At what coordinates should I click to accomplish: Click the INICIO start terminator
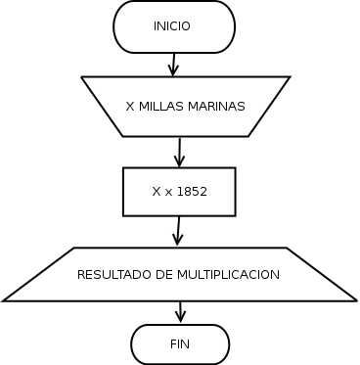(x=174, y=26)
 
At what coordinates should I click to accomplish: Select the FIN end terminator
(x=180, y=344)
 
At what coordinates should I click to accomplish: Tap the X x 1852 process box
(x=179, y=192)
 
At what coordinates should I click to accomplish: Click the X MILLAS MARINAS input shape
(x=185, y=106)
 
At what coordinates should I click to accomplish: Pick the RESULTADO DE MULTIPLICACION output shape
(x=179, y=275)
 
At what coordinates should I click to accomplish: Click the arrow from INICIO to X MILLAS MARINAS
(x=173, y=65)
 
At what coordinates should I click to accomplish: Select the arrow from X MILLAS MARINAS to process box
(x=180, y=152)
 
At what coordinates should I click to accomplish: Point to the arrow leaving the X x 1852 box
(x=178, y=231)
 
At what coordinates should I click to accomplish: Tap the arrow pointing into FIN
(x=180, y=312)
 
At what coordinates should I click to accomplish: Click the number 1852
(x=192, y=192)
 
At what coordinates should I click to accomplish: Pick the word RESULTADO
(x=113, y=275)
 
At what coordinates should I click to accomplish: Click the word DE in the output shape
(x=164, y=275)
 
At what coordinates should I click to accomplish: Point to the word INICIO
(x=172, y=26)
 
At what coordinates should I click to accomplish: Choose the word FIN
(x=180, y=344)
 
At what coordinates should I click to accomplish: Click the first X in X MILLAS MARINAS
(x=131, y=106)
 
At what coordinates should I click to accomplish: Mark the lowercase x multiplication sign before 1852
(x=168, y=193)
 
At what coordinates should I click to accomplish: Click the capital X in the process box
(x=157, y=192)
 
